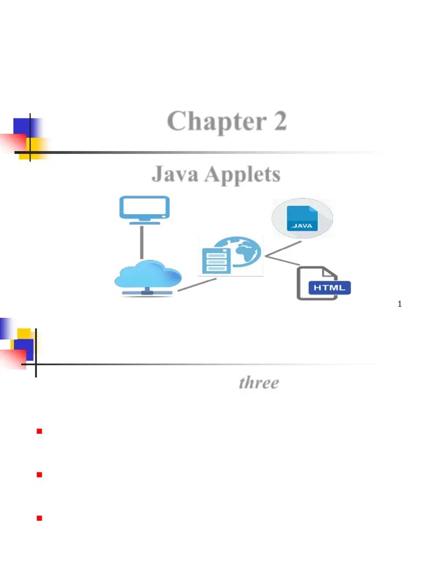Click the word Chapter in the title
[209, 122]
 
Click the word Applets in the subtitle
[242, 175]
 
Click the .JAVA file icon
[302, 218]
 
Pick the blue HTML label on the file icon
[329, 287]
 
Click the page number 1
[399, 304]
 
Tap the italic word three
[258, 383]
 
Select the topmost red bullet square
[39, 431]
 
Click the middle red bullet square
[39, 475]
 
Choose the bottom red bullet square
[39, 518]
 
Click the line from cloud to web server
[197, 284]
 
